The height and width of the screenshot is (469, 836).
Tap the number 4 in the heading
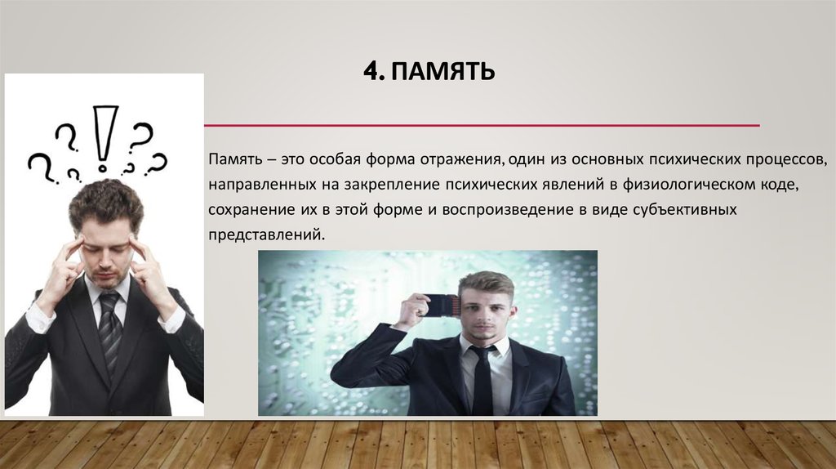tap(371, 72)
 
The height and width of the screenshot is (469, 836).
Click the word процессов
tap(779, 157)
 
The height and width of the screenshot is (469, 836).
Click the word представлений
tap(265, 236)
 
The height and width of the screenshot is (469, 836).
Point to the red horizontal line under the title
tap(482, 126)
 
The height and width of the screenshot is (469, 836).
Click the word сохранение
tap(242, 210)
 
